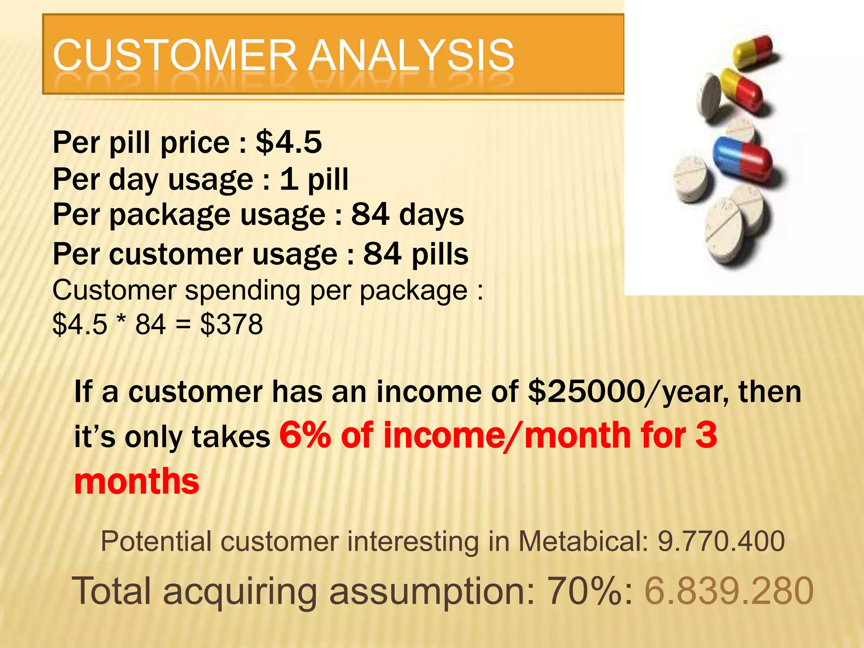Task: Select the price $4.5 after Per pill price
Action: tap(289, 142)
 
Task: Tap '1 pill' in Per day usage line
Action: tap(314, 179)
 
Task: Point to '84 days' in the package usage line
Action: tap(407, 214)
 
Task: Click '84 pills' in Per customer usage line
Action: tap(416, 254)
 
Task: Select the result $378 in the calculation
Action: tap(231, 324)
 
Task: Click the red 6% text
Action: tap(305, 435)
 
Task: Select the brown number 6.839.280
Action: tap(729, 591)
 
